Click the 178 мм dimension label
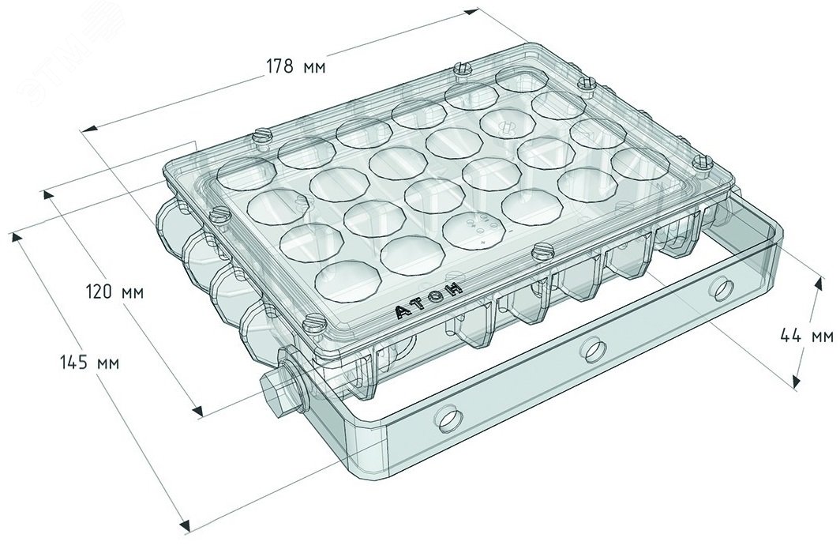(x=296, y=66)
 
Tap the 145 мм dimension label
(x=90, y=363)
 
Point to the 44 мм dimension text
(x=806, y=336)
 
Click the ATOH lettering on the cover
(x=429, y=301)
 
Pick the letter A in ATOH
(x=403, y=312)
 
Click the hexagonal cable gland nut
(x=276, y=394)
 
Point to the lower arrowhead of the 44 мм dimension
(x=797, y=381)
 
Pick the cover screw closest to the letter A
(x=312, y=325)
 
